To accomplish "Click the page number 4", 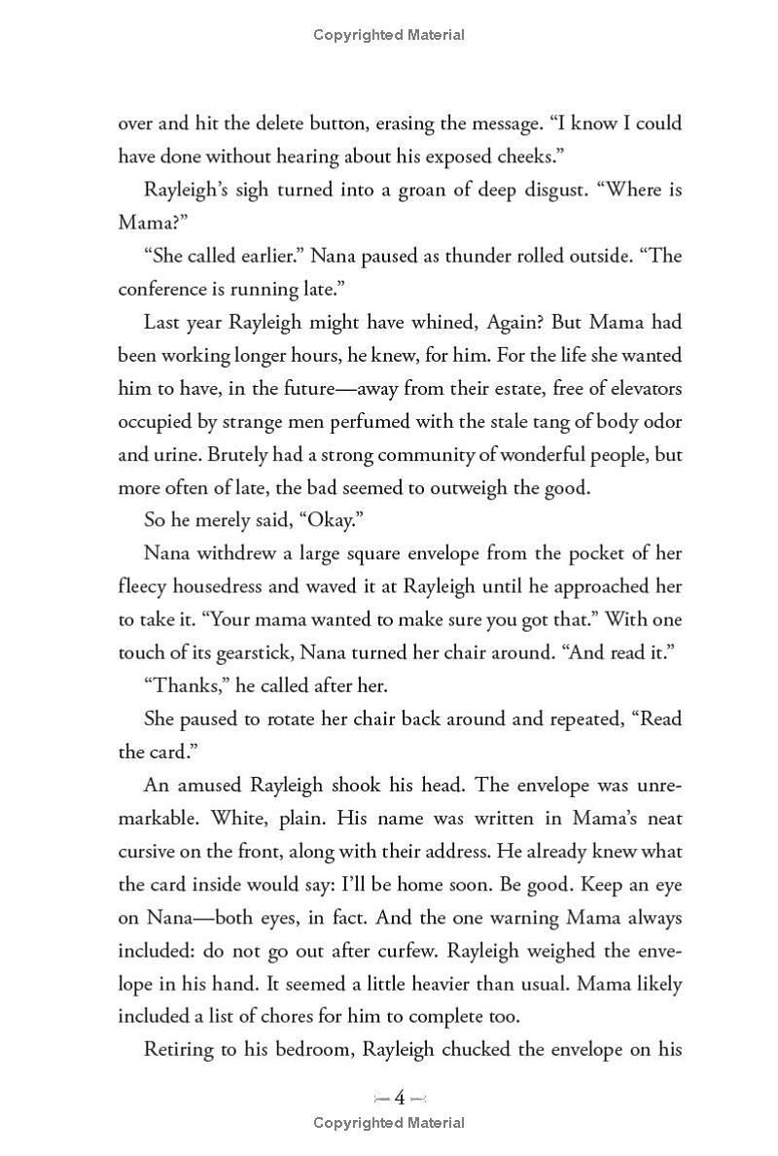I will (399, 1099).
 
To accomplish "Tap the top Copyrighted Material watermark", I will (389, 35).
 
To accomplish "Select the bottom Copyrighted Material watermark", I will (389, 1123).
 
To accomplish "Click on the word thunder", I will (465, 256).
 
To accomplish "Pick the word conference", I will (161, 289).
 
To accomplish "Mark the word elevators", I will (639, 388).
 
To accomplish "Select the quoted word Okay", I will (324, 520).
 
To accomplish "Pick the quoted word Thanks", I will (186, 685).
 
